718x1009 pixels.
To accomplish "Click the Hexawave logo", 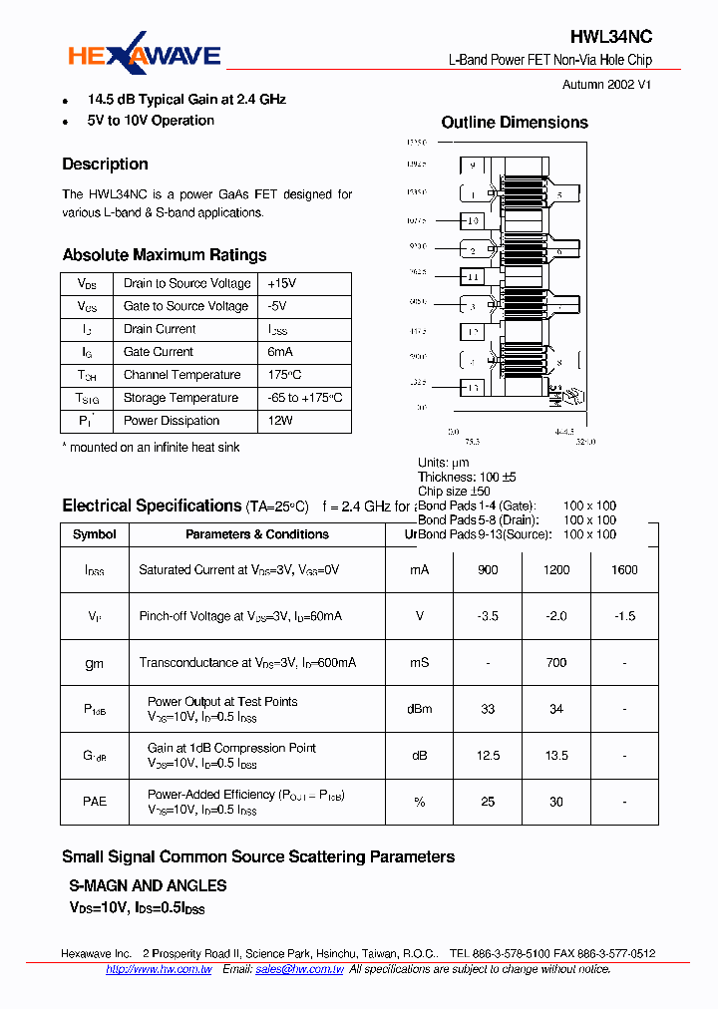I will coord(144,57).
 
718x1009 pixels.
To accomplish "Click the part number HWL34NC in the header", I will coord(611,37).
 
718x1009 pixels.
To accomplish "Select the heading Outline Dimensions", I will coord(515,123).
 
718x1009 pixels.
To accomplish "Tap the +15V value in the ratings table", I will coord(283,283).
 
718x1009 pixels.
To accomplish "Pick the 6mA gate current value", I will coord(280,352).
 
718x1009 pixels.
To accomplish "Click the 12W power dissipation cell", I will coord(280,421).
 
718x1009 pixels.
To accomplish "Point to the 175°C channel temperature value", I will coord(284,375).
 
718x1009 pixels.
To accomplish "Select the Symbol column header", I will coord(95,534).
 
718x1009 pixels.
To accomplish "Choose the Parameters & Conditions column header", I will coord(257,534).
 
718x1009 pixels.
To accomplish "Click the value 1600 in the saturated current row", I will coord(624,569).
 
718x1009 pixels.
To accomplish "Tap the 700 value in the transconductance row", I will coord(556,662).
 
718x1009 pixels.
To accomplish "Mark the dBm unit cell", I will coord(420,709).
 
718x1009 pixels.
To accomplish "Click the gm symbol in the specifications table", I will coord(95,662).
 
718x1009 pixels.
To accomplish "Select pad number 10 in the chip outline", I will coord(473,220).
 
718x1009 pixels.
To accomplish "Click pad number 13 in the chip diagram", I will coord(473,388).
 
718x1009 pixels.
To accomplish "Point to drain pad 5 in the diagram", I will coord(559,194).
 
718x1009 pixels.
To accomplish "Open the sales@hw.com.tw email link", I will coord(299,969).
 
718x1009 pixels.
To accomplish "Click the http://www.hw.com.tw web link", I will coord(159,969).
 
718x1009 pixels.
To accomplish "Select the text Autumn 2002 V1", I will coord(606,85).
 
